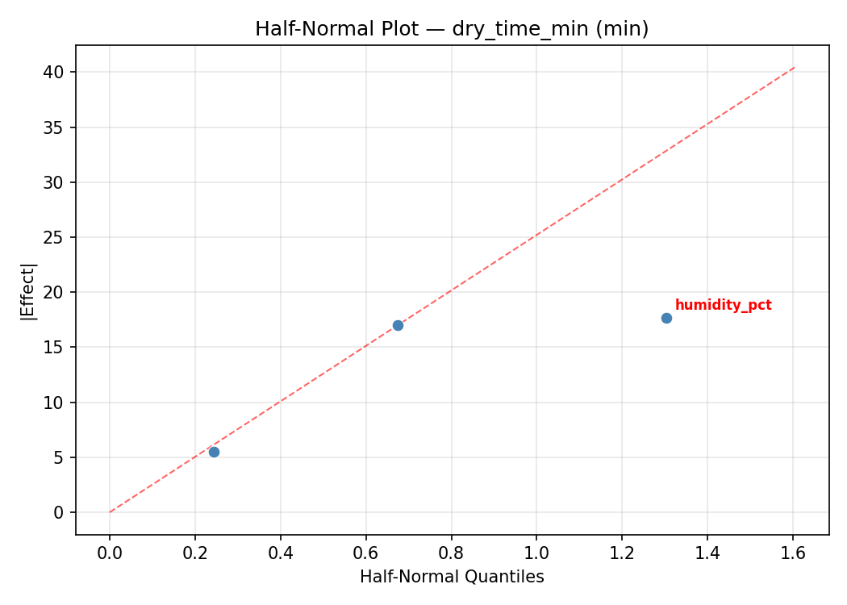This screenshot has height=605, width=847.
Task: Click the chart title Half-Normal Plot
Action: tap(452, 29)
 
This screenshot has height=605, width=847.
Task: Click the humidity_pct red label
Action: tap(723, 305)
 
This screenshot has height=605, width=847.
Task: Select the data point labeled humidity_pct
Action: tap(666, 318)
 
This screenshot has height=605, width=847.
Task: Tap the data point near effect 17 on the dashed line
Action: tap(398, 325)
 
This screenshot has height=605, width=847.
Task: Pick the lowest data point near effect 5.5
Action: tap(214, 452)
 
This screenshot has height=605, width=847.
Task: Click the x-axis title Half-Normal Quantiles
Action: tap(452, 577)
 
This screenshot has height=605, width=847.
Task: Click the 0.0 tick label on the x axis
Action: tap(110, 553)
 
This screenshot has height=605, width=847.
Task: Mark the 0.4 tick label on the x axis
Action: tap(281, 553)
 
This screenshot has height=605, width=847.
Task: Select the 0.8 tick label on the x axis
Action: tap(452, 553)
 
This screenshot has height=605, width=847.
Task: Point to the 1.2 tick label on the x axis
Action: tap(622, 553)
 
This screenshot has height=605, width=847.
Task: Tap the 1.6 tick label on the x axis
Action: tap(793, 553)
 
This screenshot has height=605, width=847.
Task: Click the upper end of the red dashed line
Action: tap(795, 67)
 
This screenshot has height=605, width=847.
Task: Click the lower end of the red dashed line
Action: tap(110, 512)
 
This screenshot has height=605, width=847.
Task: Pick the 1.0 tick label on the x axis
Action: tap(536, 553)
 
